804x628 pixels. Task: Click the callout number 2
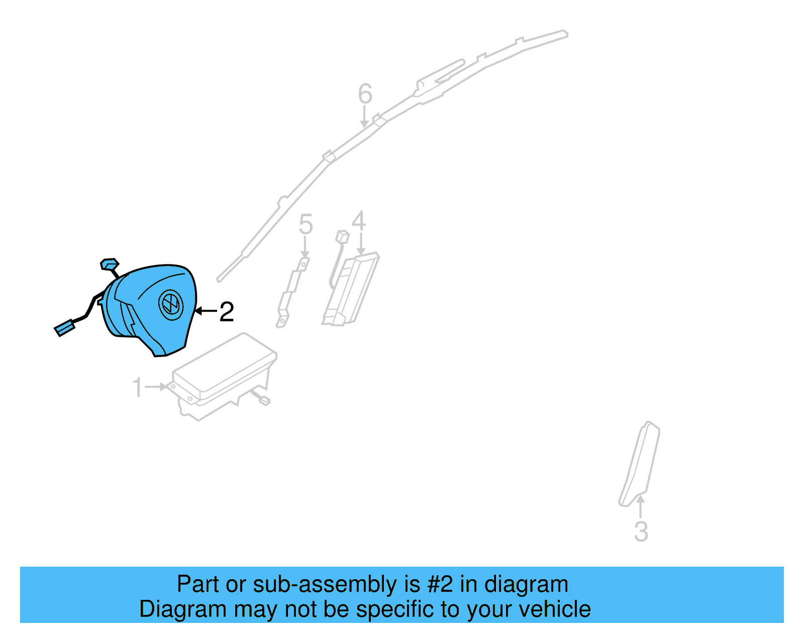point(227,312)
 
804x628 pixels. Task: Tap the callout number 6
point(365,94)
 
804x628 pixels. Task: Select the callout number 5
point(306,224)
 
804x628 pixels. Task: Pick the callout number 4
point(359,221)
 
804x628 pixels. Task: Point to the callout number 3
point(641,532)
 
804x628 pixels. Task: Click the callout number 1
point(137,388)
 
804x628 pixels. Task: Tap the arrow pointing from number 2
point(205,311)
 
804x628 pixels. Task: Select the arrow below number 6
point(364,118)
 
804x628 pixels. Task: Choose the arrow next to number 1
point(157,387)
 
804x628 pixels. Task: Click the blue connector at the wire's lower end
point(64,329)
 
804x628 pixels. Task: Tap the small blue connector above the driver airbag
point(109,263)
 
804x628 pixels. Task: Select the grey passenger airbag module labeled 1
point(224,375)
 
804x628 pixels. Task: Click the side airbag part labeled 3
point(640,463)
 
